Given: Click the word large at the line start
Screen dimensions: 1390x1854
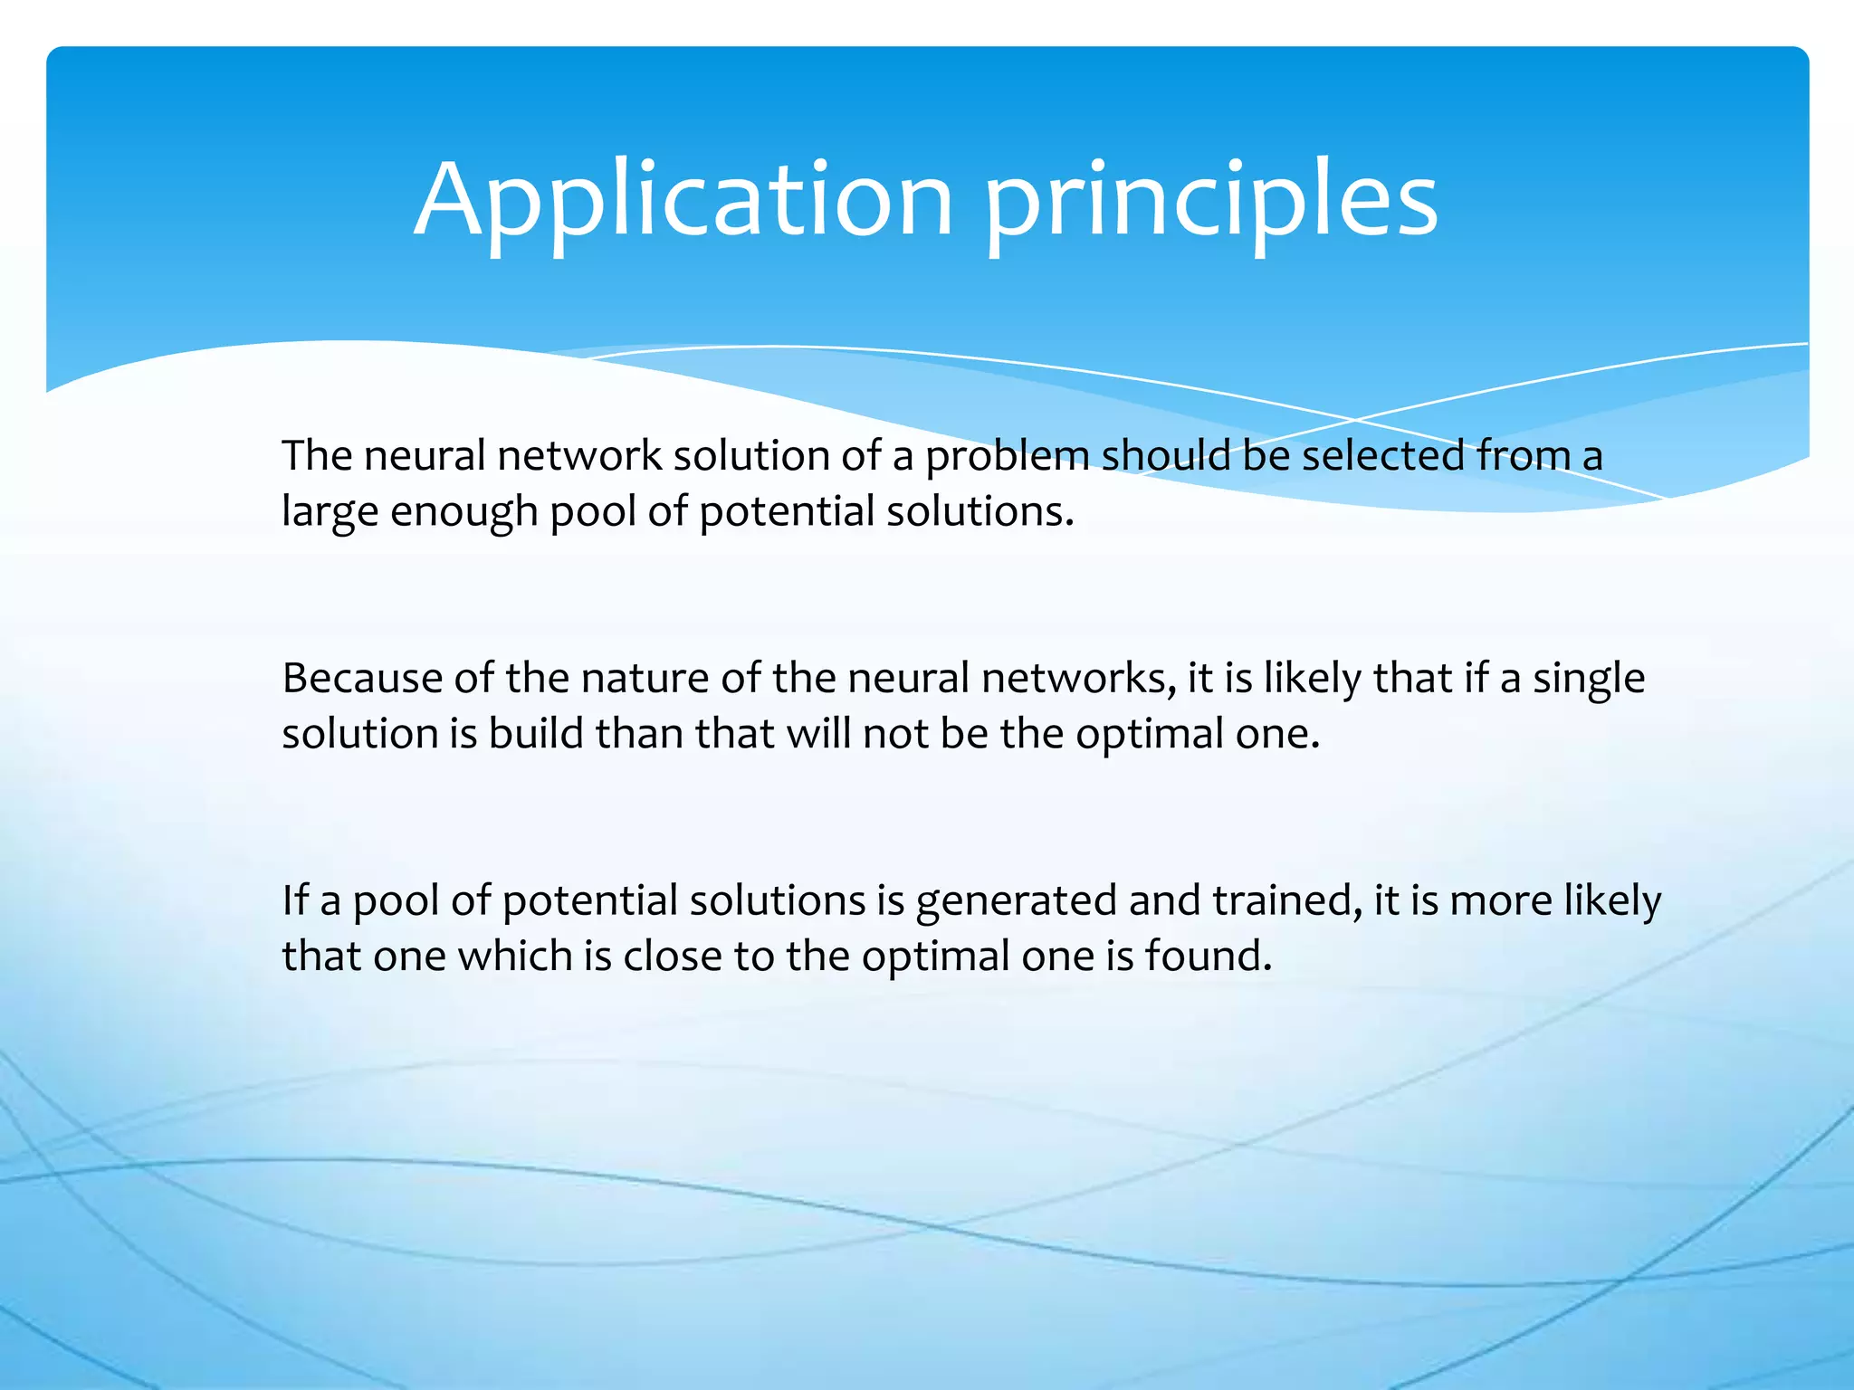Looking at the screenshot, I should (330, 512).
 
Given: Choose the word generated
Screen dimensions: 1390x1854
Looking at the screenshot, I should (1016, 901).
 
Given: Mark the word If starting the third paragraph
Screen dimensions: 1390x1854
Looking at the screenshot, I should (295, 901).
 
